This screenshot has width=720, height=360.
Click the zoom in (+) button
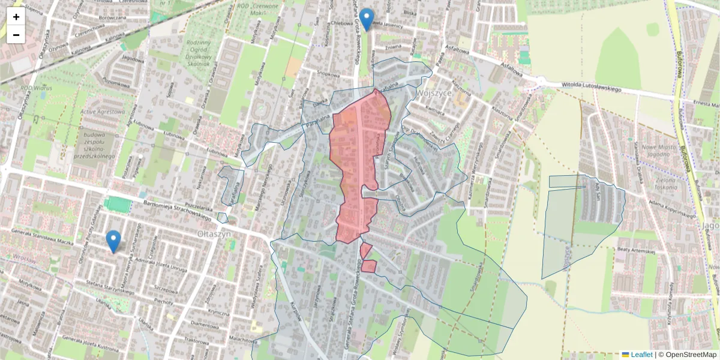point(16,17)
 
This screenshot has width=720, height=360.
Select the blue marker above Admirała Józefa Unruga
point(113,241)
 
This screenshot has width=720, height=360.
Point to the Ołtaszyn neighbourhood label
point(214,232)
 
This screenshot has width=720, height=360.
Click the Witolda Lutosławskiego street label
point(590,88)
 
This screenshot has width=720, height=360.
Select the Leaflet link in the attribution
point(641,355)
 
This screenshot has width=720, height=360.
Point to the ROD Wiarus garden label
point(37,88)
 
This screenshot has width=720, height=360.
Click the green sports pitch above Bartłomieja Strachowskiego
point(118,205)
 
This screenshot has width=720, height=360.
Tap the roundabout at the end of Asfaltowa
point(542,81)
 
